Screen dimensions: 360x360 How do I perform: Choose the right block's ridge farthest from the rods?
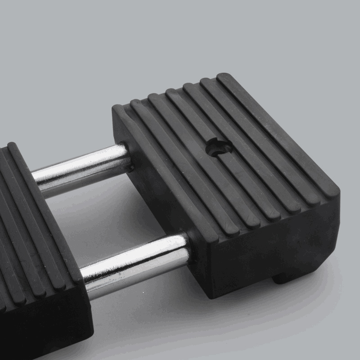coord(279,135)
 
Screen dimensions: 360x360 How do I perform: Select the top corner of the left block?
coord(11,145)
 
